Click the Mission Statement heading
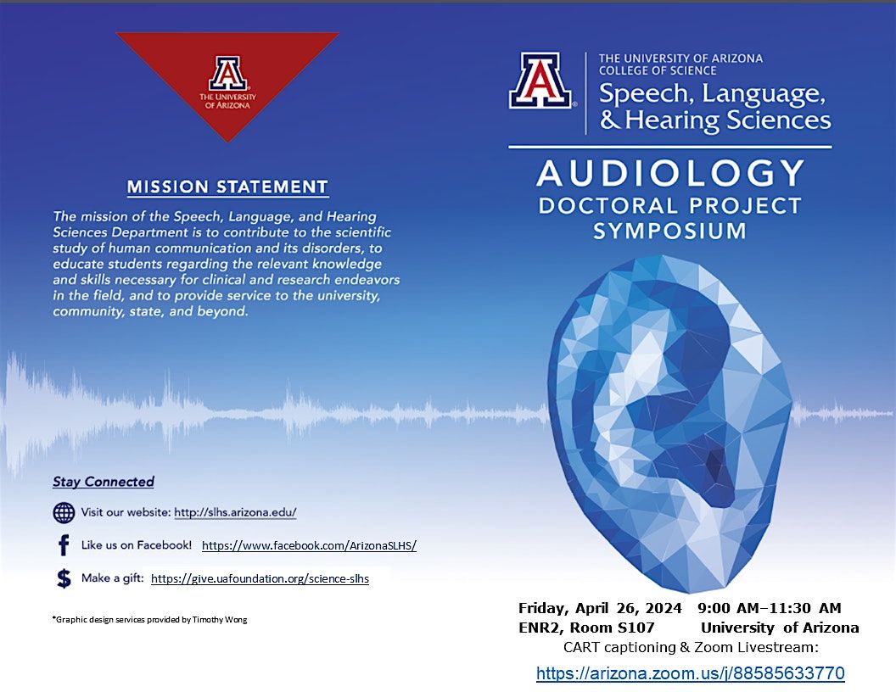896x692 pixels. [x=227, y=187]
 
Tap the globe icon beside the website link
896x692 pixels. [x=64, y=512]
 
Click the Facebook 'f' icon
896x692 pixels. [x=64, y=545]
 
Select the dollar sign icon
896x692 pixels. [x=64, y=578]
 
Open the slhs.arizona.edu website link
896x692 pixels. [x=235, y=512]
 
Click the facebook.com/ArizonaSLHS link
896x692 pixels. [x=309, y=546]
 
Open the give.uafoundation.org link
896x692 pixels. [x=260, y=579]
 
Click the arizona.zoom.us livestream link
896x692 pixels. [x=690, y=673]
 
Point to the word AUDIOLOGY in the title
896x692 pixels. [x=670, y=174]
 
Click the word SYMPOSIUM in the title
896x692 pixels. [x=669, y=231]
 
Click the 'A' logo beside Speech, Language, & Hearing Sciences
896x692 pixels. [x=540, y=81]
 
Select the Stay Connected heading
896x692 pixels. [x=104, y=482]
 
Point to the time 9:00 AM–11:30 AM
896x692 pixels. [x=770, y=608]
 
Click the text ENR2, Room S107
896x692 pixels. [x=586, y=628]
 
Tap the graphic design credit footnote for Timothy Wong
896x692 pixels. [x=149, y=620]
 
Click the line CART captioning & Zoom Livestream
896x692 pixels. [x=690, y=649]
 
